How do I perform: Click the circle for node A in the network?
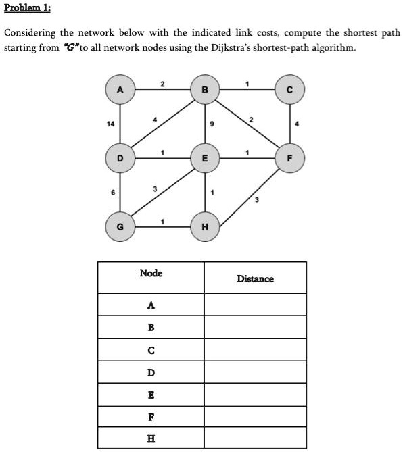tap(120, 91)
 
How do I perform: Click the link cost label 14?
tap(110, 125)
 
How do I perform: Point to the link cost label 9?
tap(213, 124)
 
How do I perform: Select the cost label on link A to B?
tap(162, 84)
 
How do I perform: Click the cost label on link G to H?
tap(162, 221)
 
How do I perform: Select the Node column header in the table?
tap(151, 273)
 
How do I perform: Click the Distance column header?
tap(255, 278)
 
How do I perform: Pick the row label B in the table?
tap(151, 327)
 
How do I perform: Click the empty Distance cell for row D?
tap(255, 372)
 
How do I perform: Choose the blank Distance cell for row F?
tap(255, 416)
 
